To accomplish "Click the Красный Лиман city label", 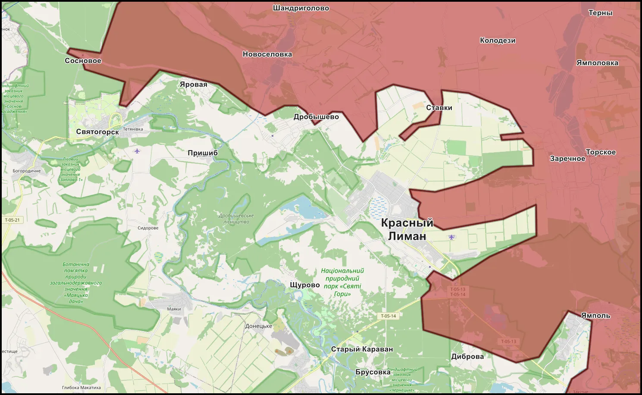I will point(407,229).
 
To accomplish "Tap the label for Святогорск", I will point(97,132).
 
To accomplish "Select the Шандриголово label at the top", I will point(301,8).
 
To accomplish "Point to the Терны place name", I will point(600,13).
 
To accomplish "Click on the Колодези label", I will point(498,41).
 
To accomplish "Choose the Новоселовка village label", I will point(267,54).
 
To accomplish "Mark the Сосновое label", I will point(83,61).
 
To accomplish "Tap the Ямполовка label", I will point(597,63).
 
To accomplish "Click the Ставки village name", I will point(439,108).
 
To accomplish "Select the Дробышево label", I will point(316,117).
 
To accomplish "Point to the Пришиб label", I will point(203,153).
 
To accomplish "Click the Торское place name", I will point(601,152).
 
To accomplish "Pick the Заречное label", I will point(567,159).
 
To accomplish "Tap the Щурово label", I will point(305,285).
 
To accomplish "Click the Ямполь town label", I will point(595,316).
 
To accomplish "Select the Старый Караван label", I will point(362,349).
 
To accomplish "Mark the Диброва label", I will point(467,357).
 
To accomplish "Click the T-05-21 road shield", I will point(12,220).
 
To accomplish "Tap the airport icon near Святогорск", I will point(137,151).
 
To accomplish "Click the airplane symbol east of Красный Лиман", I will point(451,237).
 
